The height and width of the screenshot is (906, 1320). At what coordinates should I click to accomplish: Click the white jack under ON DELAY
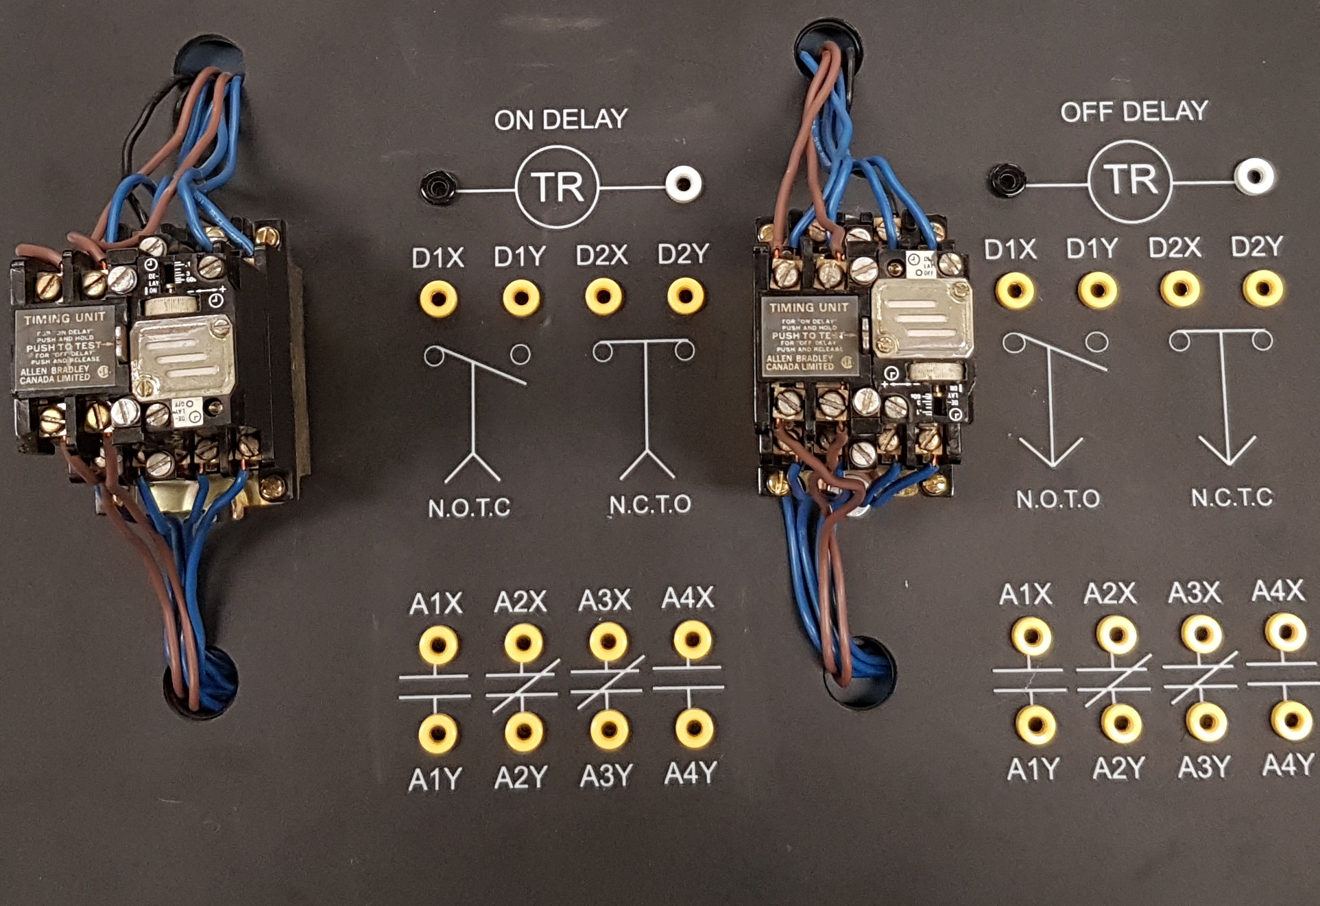coord(684,184)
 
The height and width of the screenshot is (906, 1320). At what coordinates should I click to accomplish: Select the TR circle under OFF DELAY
coord(1130,181)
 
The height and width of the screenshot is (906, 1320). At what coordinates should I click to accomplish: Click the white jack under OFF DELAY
coord(1255,176)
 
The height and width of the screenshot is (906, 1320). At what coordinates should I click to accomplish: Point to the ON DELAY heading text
coord(561,119)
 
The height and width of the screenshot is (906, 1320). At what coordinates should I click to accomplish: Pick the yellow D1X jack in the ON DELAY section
coord(438,298)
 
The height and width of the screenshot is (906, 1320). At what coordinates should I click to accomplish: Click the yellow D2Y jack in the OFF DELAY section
coord(1262,288)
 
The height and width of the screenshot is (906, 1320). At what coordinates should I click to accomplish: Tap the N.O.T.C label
coord(469,508)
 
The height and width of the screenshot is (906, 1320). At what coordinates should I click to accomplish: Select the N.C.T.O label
coord(649,505)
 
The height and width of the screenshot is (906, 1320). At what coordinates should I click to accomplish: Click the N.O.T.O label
coord(1057,499)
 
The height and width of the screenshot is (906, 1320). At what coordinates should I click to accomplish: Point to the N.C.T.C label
coord(1232,497)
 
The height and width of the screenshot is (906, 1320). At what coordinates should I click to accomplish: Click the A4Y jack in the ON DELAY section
coord(694,727)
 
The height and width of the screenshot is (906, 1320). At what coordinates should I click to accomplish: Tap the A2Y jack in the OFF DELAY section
coord(1121,724)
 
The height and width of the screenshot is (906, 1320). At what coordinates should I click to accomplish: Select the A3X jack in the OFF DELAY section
coord(1201,635)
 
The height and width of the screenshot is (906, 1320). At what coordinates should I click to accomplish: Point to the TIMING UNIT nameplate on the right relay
coord(810,336)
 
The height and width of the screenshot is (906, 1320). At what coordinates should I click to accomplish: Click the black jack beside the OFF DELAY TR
coord(1007,180)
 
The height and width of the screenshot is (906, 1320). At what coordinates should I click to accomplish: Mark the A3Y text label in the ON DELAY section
coord(606,776)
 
